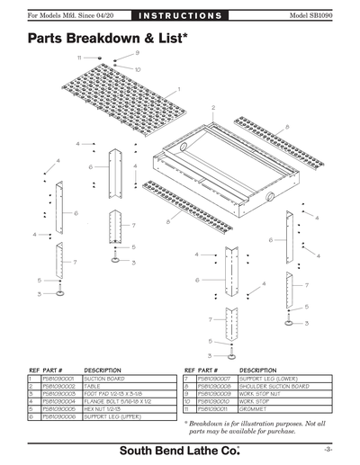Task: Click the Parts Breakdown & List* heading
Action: [x=108, y=39]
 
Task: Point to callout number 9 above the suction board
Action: [x=137, y=53]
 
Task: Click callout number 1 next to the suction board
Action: [x=179, y=88]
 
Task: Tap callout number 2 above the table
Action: [x=213, y=107]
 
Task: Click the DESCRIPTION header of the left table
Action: [x=103, y=370]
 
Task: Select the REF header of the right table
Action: [x=188, y=370]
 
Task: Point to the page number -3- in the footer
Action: [x=329, y=448]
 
